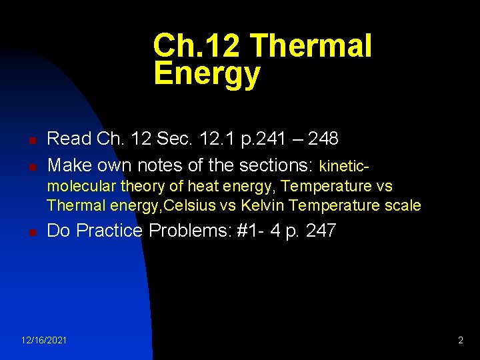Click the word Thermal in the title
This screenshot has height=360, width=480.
(x=311, y=47)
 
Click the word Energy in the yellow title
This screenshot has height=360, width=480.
(x=206, y=74)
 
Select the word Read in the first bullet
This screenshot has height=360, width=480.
(x=69, y=139)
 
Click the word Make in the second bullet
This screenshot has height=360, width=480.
(x=70, y=164)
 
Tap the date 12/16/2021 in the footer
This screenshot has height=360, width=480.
(x=44, y=341)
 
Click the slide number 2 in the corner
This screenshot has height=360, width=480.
(x=460, y=341)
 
